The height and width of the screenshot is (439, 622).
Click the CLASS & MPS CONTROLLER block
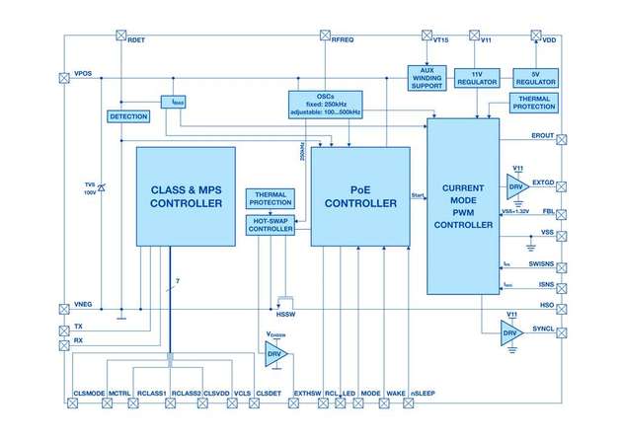click(186, 196)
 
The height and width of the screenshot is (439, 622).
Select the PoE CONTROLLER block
click(359, 196)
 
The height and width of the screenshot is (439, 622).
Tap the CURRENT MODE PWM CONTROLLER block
click(467, 205)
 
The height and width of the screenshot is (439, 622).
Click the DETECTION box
click(127, 116)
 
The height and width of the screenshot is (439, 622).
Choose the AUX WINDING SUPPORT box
click(428, 78)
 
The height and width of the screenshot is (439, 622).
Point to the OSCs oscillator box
click(326, 103)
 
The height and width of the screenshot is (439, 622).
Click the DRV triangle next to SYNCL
click(510, 332)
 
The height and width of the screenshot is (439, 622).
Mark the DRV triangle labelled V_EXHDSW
click(275, 353)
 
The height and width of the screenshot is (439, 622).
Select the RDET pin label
click(138, 39)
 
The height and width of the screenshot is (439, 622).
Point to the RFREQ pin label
click(341, 39)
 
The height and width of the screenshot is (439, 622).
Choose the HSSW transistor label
click(285, 316)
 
